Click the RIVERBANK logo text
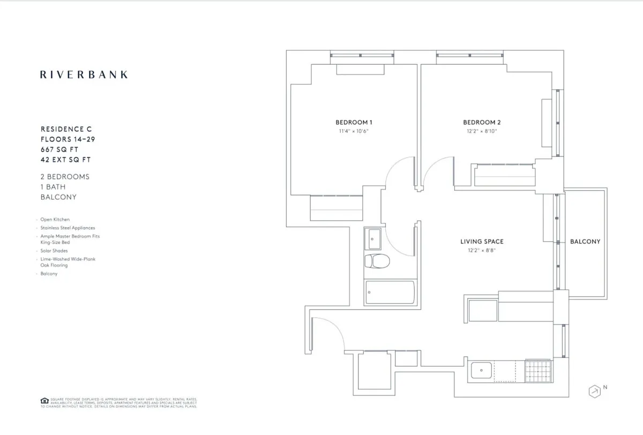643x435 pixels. pos(84,74)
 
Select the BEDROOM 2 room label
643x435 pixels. pos(482,122)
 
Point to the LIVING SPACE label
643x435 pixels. pos(482,242)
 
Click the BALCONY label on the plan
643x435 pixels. pos(585,242)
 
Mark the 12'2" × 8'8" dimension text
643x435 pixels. pos(482,250)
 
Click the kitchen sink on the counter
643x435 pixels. pos(481,370)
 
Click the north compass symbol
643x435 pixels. pos(594,391)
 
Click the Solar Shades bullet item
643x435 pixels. pos(54,251)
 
